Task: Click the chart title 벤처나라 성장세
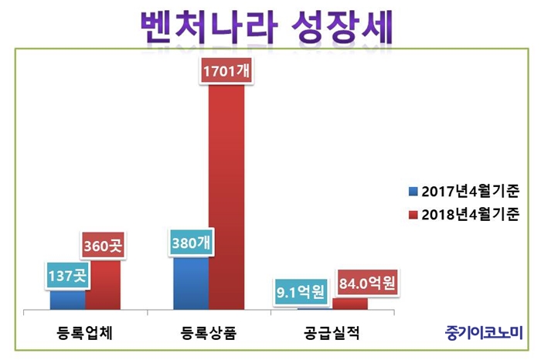tap(267, 28)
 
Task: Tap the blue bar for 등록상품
tap(191, 284)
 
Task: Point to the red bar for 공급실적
tap(350, 304)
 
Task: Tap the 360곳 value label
tap(103, 249)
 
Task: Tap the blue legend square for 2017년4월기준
tap(415, 190)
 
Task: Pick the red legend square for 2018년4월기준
tap(415, 214)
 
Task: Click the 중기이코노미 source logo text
tap(484, 333)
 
